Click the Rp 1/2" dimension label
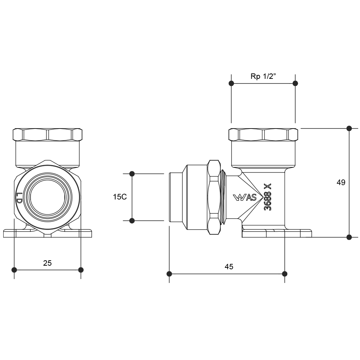coord(263,76)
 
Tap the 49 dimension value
coord(341,183)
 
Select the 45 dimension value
coord(229,267)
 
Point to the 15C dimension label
coord(120,197)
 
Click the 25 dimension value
coord(48,263)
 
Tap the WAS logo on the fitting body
coord(245,197)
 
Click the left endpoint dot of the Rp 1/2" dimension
coord(231,83)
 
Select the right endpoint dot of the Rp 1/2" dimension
coord(296,83)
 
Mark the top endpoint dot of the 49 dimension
coord(349,128)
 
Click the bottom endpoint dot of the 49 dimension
coord(349,237)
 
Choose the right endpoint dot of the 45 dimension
coord(285,274)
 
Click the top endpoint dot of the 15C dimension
coord(132,174)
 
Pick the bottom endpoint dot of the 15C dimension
coord(132,220)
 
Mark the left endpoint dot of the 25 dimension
coord(14,270)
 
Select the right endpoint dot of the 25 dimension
coord(81,270)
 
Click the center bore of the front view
coord(48,197)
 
